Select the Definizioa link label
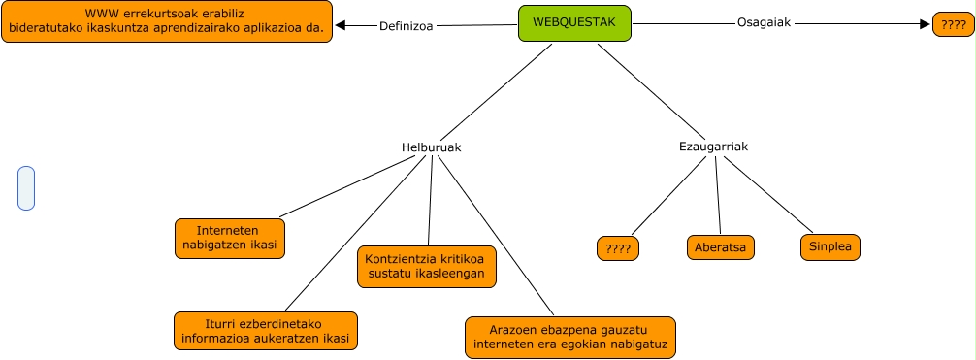pos(407,26)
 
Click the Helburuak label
pos(431,147)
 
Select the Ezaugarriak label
pos(713,147)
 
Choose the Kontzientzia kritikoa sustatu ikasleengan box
pos(427,267)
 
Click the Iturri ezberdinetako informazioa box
pos(265,331)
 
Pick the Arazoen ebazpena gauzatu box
pos(569,336)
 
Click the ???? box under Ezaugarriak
pos(618,249)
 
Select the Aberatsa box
pos(721,247)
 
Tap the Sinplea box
pos(830,246)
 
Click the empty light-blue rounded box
pos(26,187)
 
